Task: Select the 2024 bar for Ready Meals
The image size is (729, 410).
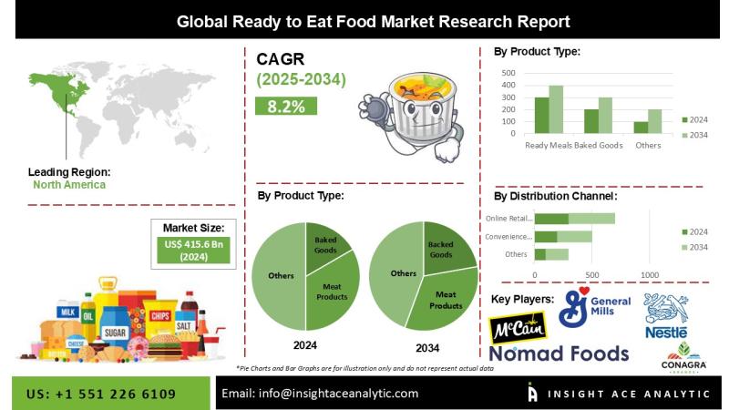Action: [x=541, y=115]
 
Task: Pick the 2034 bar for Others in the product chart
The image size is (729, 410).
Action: [x=654, y=121]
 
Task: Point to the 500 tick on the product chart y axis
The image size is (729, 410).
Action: [x=508, y=73]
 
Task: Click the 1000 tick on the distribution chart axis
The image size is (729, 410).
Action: [x=650, y=274]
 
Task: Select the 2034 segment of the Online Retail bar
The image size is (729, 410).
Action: [x=591, y=219]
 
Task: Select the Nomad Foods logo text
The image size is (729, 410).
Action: [x=559, y=354]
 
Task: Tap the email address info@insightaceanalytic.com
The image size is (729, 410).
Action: [x=320, y=394]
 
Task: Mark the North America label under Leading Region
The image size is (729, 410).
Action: [x=69, y=185]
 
